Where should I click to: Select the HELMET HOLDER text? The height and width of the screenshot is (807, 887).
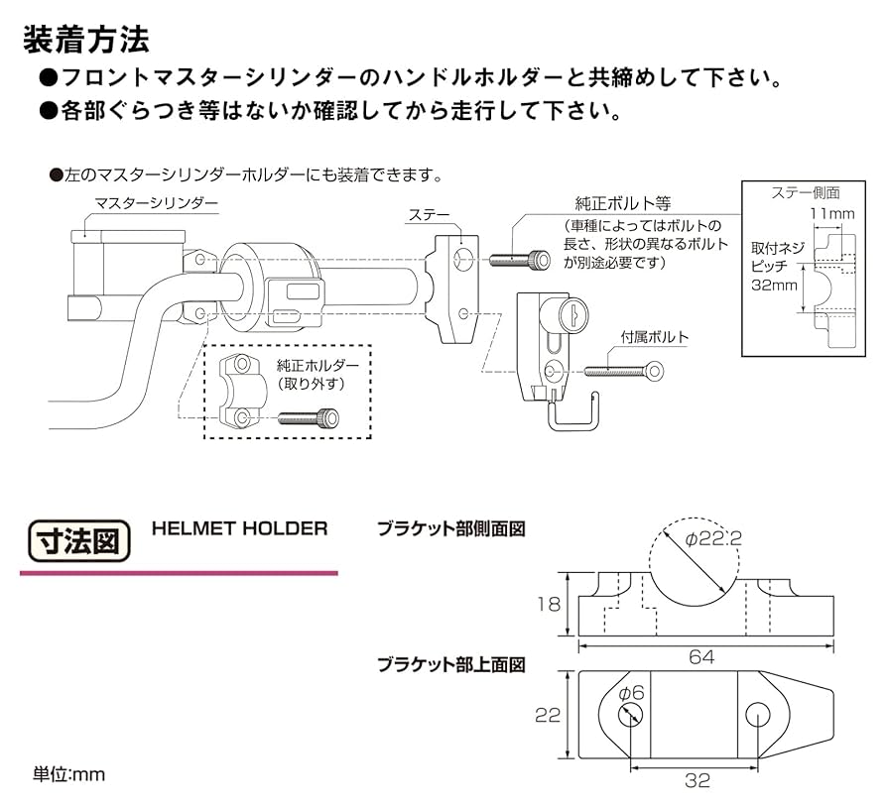239,528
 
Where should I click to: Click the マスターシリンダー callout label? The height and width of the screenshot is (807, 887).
156,203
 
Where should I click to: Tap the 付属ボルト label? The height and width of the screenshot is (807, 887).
654,337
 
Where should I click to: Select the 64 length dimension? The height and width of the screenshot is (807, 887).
701,657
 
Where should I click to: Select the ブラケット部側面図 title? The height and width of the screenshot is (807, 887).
449,529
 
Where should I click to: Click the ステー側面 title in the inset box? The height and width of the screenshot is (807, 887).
806,192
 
